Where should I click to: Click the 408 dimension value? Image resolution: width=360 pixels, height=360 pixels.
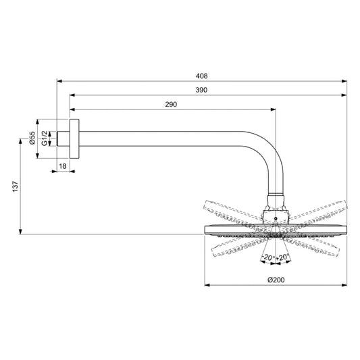pyautogui.click(x=201, y=76)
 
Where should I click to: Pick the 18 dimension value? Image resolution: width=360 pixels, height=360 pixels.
pyautogui.click(x=62, y=165)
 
